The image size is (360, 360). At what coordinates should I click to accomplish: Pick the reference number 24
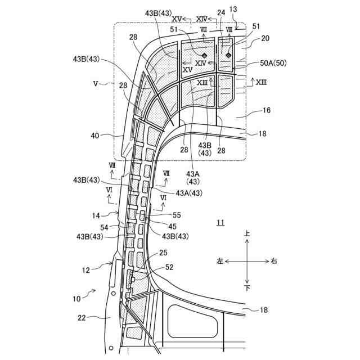(221, 12)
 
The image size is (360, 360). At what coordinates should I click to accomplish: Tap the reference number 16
(266, 111)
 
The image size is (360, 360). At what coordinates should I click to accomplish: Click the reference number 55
(177, 215)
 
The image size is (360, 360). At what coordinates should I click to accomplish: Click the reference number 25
(163, 254)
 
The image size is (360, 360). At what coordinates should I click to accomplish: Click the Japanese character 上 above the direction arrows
(246, 233)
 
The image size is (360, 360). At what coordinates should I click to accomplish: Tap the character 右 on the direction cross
(273, 261)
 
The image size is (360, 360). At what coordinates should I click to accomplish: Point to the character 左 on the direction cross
(220, 261)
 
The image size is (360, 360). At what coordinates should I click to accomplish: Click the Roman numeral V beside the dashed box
(96, 83)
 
